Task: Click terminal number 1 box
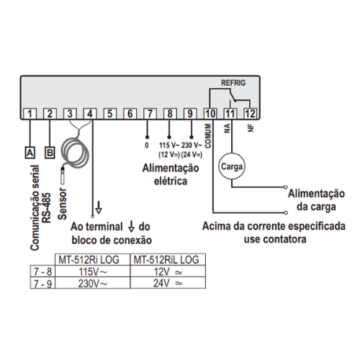[30, 114]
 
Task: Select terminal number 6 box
[130, 114]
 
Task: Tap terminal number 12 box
[250, 114]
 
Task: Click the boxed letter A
[30, 153]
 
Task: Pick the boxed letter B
[50, 153]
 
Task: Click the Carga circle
[232, 166]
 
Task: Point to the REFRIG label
[233, 83]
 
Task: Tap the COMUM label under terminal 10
[208, 136]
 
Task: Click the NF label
[251, 128]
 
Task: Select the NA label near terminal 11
[227, 128]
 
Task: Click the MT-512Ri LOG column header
[89, 260]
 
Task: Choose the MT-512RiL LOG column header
[166, 260]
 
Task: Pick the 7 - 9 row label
[42, 284]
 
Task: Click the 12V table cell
[168, 271]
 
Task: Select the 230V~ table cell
[93, 284]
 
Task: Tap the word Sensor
[63, 204]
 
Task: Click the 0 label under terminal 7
[147, 145]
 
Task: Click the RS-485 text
[47, 207]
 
